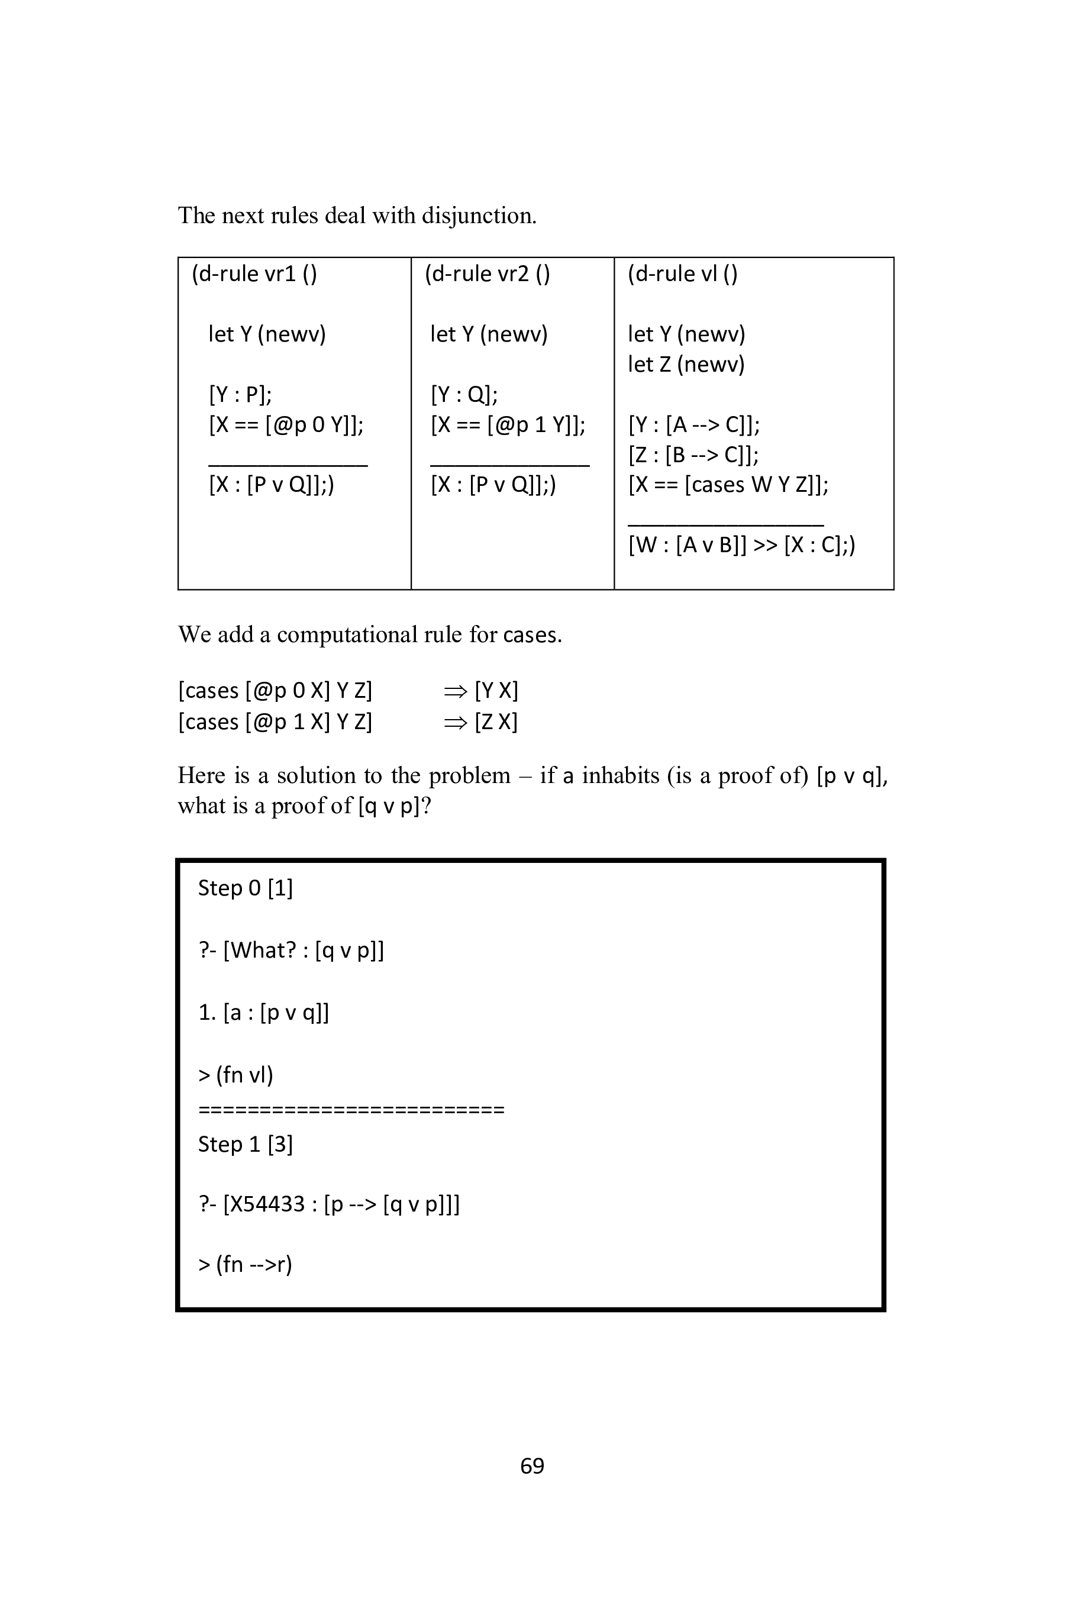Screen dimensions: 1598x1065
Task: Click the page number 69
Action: [x=532, y=1465]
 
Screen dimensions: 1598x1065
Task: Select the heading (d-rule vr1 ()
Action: [x=254, y=274]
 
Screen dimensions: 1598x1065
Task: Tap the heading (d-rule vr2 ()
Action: [x=487, y=274]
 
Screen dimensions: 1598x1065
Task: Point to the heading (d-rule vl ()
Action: [x=682, y=274]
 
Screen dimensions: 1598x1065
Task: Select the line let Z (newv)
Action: [x=686, y=364]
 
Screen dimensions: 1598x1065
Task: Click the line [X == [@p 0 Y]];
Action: [x=286, y=424]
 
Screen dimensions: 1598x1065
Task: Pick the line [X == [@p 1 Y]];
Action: [x=508, y=424]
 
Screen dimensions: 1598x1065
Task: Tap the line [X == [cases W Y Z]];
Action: [x=728, y=484]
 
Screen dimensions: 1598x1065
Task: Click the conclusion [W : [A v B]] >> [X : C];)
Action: [x=742, y=545]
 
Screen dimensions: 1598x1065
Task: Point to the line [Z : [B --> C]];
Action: [x=693, y=455]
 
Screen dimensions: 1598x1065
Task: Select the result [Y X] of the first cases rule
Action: [x=496, y=690]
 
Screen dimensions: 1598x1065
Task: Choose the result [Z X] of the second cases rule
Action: [x=496, y=721]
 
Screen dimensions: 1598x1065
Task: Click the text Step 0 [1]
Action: [x=245, y=888]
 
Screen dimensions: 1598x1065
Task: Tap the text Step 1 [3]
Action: [x=245, y=1144]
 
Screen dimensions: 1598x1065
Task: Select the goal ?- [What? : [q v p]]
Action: [x=291, y=950]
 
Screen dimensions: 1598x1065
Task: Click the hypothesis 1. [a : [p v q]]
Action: [x=263, y=1012]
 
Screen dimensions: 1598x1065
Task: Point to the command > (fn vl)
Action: [x=235, y=1075]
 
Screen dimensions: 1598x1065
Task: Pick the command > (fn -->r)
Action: [x=245, y=1264]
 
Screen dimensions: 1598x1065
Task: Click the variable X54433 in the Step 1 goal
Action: [x=263, y=1204]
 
